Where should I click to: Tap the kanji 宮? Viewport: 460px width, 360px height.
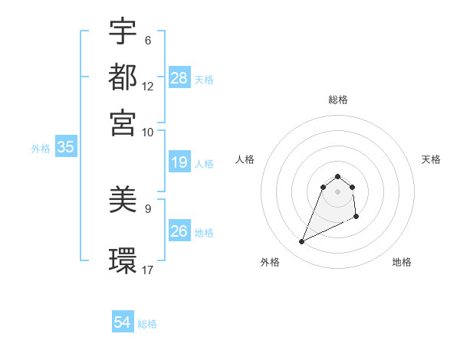tap(123, 122)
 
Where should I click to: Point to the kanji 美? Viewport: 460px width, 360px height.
tap(123, 201)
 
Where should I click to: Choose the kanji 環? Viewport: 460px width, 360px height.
tap(123, 260)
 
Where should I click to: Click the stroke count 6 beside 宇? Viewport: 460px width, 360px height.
tap(148, 41)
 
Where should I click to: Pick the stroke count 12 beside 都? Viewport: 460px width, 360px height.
tap(148, 87)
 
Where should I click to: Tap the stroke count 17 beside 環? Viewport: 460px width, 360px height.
tap(148, 269)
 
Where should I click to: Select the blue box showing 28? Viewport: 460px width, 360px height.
tap(179, 78)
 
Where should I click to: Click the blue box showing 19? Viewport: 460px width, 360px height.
tap(179, 162)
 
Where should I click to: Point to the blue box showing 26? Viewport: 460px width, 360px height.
tap(179, 231)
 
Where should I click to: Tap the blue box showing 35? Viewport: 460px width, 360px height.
tap(65, 148)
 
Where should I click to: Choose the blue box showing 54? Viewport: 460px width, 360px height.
tap(123, 322)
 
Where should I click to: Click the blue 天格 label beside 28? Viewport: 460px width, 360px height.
tap(204, 80)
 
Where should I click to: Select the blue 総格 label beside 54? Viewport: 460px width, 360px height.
tap(147, 324)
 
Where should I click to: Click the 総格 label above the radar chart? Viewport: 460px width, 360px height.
tap(337, 100)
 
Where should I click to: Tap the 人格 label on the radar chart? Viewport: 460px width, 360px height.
tap(245, 159)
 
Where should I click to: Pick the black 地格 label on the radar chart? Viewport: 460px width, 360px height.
tap(402, 262)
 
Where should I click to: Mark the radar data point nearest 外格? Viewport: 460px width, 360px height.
tap(301, 242)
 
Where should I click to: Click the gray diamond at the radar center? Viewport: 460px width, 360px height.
tap(337, 191)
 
